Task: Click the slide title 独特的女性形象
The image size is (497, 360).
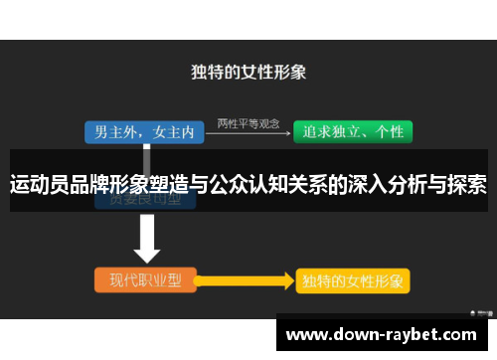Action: (x=248, y=73)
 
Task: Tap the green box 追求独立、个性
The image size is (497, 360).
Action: (x=352, y=131)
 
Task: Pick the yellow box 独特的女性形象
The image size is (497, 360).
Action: (x=352, y=280)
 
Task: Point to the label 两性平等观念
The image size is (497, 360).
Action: (x=246, y=121)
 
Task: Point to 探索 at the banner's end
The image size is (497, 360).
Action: (x=465, y=185)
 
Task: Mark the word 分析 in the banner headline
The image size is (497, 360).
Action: (x=406, y=185)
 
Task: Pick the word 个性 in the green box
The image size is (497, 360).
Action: (x=391, y=131)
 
